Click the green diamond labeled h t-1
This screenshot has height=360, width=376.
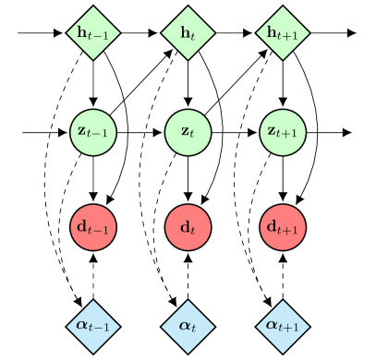click(x=93, y=35)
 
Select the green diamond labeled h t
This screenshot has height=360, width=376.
click(x=188, y=35)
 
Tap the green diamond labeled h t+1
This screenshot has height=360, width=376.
click(x=282, y=35)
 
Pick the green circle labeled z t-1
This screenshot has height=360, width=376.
click(x=93, y=131)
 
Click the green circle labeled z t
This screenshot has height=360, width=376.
click(x=188, y=131)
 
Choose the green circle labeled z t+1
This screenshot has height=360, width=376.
click(x=282, y=131)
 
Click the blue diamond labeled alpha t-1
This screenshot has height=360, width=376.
click(x=93, y=324)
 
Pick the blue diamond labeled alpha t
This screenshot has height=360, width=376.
click(x=188, y=324)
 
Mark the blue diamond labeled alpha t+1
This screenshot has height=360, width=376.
click(x=282, y=324)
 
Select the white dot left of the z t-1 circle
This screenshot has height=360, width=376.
click(x=16, y=132)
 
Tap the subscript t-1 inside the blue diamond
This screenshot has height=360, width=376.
click(x=101, y=327)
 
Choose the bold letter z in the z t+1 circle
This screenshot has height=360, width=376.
click(x=272, y=131)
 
